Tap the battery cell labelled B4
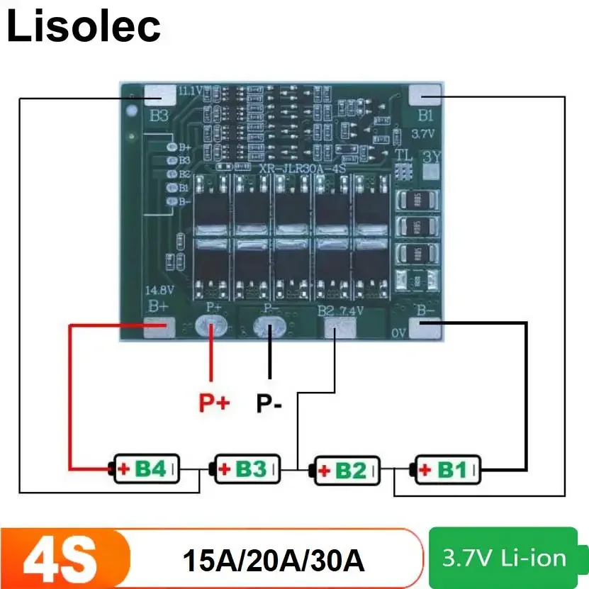146,469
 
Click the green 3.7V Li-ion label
505,558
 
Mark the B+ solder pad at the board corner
158,325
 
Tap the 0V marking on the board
398,332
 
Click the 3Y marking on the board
430,156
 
